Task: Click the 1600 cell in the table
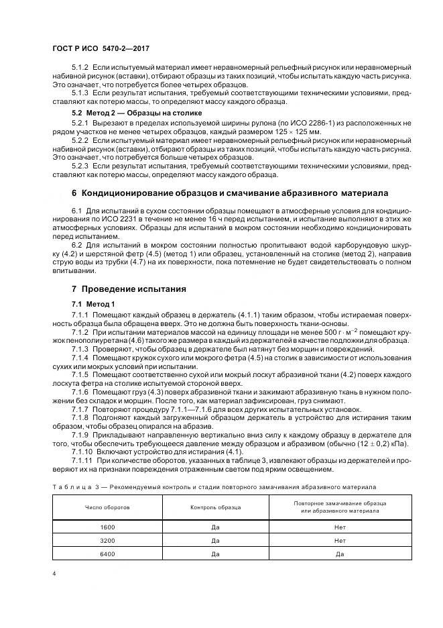click(x=107, y=528)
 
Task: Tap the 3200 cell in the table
click(x=107, y=540)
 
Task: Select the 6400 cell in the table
click(x=107, y=554)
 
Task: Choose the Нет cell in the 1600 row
click(x=340, y=528)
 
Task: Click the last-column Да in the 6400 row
click(x=340, y=554)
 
